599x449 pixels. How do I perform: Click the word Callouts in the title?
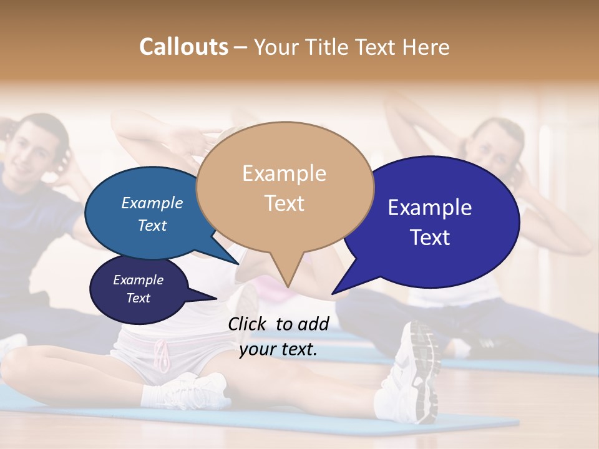[183, 47]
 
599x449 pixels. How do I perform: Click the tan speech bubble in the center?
[285, 187]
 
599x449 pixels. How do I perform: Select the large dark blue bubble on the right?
[437, 222]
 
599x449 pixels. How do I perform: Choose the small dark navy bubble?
[139, 289]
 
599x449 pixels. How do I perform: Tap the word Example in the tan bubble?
[284, 173]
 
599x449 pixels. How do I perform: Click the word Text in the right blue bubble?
[431, 238]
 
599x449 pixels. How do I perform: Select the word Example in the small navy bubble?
[138, 280]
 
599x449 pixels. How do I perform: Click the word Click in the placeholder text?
[248, 324]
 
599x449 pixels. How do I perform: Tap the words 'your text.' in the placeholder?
[278, 350]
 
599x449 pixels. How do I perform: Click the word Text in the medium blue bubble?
[152, 225]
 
